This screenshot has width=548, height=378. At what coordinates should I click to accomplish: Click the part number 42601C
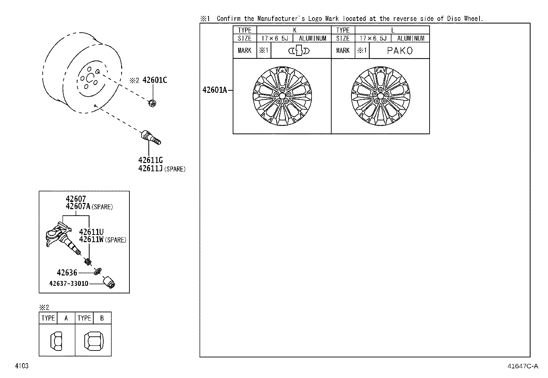click(155, 80)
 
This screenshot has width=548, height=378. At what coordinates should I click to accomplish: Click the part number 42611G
click(150, 160)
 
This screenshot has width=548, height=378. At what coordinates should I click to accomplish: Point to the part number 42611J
click(150, 169)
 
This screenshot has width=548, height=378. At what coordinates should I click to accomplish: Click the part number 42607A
click(78, 206)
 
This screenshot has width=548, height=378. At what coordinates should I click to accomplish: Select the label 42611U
click(91, 232)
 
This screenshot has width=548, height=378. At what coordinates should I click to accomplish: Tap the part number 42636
click(67, 273)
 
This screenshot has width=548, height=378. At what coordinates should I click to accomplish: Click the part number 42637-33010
click(69, 283)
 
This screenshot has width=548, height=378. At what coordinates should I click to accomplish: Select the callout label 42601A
click(214, 90)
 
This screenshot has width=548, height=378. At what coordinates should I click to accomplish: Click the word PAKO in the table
click(400, 51)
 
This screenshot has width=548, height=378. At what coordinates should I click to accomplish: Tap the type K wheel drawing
click(282, 96)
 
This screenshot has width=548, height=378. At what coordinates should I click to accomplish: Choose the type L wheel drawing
click(380, 96)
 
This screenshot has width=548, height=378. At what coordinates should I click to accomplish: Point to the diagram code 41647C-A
click(522, 366)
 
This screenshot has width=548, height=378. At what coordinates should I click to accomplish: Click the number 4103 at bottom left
click(21, 366)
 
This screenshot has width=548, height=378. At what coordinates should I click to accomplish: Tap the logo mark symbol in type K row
click(299, 51)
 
